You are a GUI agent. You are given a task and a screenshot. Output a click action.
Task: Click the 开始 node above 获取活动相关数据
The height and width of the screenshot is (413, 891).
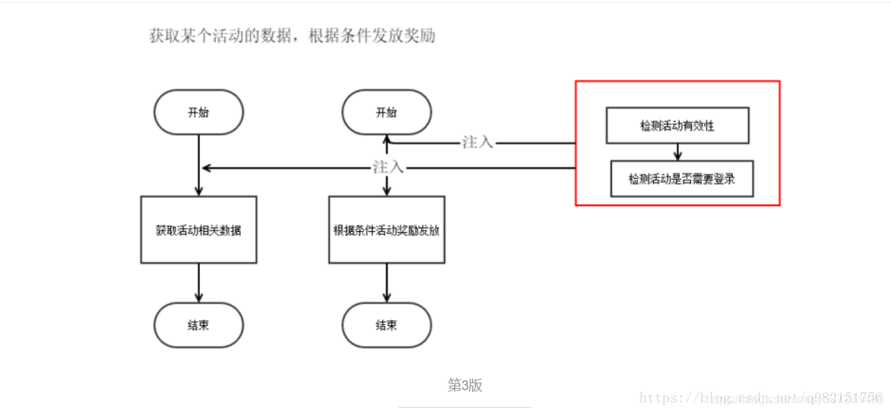point(198,113)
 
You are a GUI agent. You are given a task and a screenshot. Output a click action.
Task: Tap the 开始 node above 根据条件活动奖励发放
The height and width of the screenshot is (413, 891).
point(386,113)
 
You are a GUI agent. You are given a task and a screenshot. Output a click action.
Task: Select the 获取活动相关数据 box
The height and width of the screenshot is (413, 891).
point(198,230)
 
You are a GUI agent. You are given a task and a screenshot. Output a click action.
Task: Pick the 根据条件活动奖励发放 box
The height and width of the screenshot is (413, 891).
point(386,230)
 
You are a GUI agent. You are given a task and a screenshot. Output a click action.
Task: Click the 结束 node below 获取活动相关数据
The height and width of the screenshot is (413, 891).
point(198,326)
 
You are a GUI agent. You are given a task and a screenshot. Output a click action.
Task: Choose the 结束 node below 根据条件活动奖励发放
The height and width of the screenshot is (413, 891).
point(386,326)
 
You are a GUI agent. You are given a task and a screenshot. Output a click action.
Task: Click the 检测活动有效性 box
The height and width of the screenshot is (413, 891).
point(677,125)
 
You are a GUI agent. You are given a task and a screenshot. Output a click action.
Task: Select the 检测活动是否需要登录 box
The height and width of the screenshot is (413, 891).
point(681,179)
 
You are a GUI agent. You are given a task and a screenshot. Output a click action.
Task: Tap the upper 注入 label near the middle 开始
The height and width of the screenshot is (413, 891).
point(477,142)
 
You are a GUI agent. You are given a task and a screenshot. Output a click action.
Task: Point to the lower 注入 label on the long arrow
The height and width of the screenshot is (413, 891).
point(388,167)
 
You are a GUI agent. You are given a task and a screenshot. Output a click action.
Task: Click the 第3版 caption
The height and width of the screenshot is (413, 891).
point(465,386)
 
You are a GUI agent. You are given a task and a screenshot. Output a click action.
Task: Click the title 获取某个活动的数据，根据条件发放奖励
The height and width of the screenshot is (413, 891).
point(293,36)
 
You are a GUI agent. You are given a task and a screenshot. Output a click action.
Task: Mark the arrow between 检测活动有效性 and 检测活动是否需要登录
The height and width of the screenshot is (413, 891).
point(677,152)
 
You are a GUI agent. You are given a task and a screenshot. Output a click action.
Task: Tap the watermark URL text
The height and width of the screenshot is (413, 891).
point(760,398)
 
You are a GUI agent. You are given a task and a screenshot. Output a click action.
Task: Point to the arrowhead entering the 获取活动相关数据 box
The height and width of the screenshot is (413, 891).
point(198,191)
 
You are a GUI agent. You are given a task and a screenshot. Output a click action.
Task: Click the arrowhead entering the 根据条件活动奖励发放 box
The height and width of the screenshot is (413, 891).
point(386,191)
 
